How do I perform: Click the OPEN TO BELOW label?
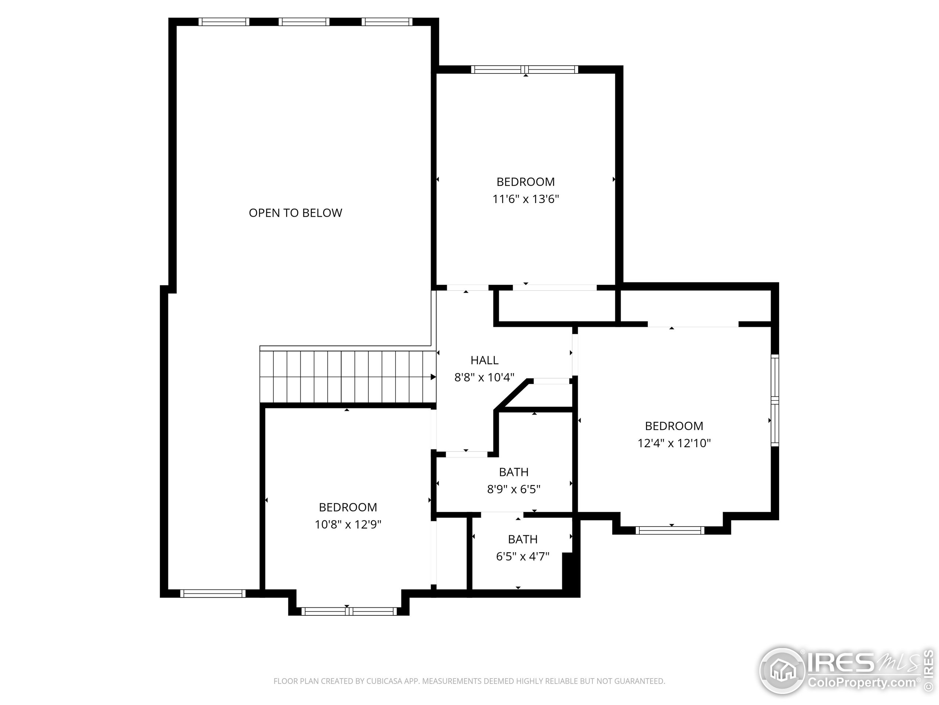point(295,213)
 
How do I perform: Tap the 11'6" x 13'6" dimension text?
point(526,199)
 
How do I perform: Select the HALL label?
point(485,360)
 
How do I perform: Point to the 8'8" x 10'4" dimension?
point(485,377)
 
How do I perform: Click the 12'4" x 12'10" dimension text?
point(674,443)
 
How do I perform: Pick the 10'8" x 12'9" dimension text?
point(348,524)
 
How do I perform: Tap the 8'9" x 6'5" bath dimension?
point(514,489)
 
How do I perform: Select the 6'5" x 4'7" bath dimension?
point(523,556)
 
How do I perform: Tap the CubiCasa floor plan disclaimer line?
point(469,681)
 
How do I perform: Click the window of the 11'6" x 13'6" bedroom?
point(525,70)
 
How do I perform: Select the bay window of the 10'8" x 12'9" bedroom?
point(349,611)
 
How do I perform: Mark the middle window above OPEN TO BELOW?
point(304,22)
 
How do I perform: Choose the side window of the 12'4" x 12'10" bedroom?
point(775,400)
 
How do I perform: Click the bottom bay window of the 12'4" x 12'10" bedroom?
point(670,530)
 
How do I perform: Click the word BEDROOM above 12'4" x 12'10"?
point(674,426)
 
